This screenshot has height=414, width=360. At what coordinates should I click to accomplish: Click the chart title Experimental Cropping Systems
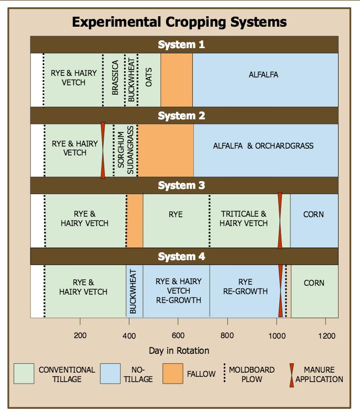point(179,22)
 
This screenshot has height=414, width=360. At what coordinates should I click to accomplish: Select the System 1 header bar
point(184,45)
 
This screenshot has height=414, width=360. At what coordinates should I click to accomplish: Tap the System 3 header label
point(182,186)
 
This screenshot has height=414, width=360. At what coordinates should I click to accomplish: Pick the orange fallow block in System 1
point(176,80)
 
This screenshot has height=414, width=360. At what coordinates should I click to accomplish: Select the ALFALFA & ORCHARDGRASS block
point(265,150)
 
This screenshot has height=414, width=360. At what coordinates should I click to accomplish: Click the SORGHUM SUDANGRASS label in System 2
point(125,150)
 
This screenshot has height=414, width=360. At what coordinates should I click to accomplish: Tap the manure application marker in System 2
point(103,150)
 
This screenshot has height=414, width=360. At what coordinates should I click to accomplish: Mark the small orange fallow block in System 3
point(135,220)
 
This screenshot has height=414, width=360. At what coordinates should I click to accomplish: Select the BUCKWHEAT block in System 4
point(133,291)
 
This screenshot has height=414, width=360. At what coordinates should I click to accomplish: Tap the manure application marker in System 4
point(280,290)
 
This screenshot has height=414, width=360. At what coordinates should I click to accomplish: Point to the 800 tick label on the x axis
point(227,335)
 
